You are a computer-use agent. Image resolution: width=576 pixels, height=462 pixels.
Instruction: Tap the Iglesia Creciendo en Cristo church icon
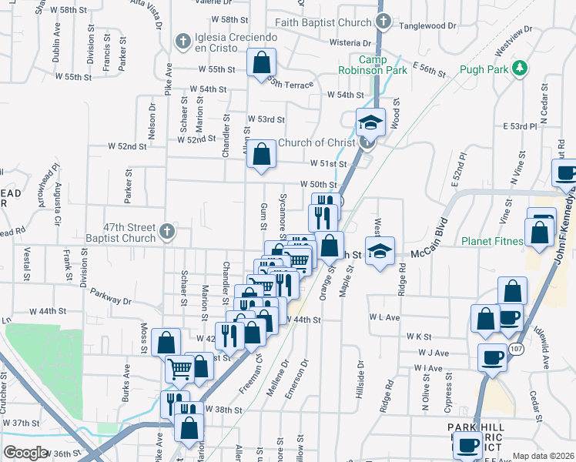pos(183,40)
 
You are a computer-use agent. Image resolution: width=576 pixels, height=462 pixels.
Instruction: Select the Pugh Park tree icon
pos(521,69)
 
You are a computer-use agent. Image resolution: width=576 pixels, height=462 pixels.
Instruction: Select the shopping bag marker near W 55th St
pos(262,62)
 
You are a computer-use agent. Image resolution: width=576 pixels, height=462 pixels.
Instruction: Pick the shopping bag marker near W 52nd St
pos(263,153)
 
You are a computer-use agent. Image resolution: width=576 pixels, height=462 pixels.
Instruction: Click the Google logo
pos(25,453)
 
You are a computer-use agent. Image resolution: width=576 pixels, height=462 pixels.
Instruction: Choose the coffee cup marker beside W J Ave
pos(492,357)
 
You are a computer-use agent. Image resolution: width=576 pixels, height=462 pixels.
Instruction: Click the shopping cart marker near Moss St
pos(179,368)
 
